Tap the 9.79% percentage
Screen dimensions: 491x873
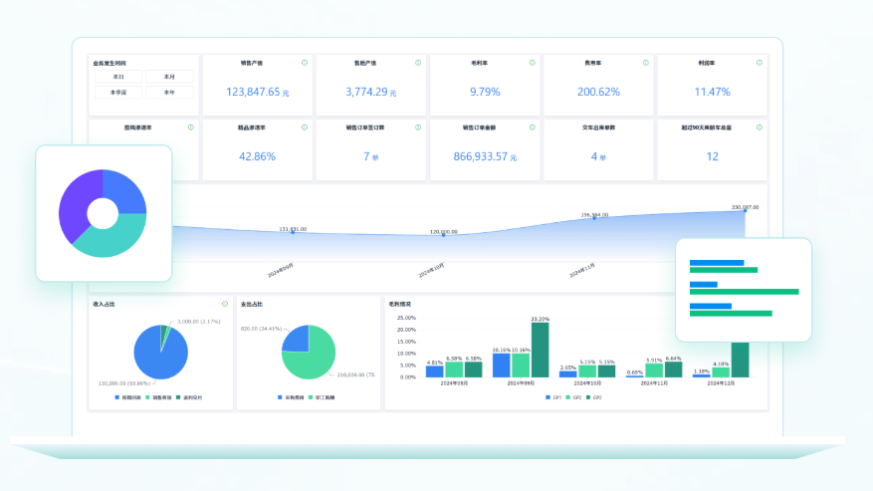click(x=485, y=92)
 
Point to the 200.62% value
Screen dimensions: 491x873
click(x=598, y=92)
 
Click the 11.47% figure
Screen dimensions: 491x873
click(x=712, y=92)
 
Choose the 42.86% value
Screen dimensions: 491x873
click(x=257, y=156)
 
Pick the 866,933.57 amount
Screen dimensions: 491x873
click(x=481, y=156)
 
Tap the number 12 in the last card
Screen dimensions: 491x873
click(x=712, y=156)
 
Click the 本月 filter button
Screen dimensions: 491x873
click(x=169, y=77)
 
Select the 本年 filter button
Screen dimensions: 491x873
click(x=169, y=93)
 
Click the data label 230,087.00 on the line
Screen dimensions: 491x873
click(x=745, y=207)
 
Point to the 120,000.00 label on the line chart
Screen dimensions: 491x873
click(x=444, y=232)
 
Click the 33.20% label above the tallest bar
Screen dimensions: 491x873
click(x=540, y=319)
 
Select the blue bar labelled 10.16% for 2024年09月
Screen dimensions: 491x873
click(x=502, y=365)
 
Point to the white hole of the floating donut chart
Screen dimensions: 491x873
click(x=103, y=213)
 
